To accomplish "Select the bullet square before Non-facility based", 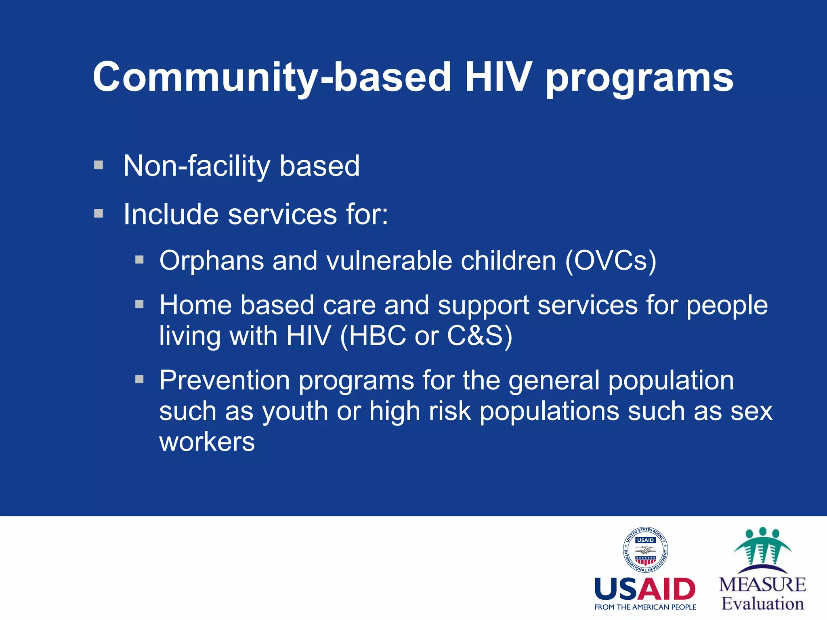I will pyautogui.click(x=99, y=165).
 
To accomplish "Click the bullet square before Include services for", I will pyautogui.click(x=99, y=213).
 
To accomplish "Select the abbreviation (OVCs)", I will pyautogui.click(x=611, y=261).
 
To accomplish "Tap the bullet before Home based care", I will pyautogui.click(x=140, y=304).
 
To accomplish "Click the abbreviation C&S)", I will pyautogui.click(x=480, y=336).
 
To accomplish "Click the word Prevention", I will pyautogui.click(x=225, y=381).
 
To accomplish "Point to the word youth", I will pyautogui.click(x=295, y=412).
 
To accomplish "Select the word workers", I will pyautogui.click(x=207, y=442).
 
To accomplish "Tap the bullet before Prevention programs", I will pyautogui.click(x=140, y=379).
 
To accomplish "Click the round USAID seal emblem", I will pyautogui.click(x=645, y=550).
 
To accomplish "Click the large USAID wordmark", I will pyautogui.click(x=645, y=589).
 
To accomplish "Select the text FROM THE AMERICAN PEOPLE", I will pyautogui.click(x=645, y=607).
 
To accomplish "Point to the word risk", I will pyautogui.click(x=450, y=412).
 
